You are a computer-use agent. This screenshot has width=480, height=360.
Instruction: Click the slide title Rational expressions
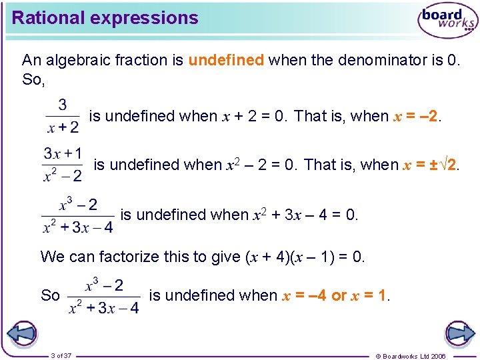(105, 18)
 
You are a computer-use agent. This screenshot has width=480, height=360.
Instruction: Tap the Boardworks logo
(447, 21)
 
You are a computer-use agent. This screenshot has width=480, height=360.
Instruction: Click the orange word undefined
(226, 60)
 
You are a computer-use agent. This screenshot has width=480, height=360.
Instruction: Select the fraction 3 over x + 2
(62, 116)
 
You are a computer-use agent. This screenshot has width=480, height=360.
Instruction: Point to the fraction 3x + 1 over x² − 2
(63, 164)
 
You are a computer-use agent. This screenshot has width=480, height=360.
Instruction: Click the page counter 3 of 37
(61, 355)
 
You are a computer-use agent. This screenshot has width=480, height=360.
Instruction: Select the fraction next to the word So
(103, 296)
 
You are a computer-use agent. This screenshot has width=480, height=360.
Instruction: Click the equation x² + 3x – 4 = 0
(305, 215)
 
